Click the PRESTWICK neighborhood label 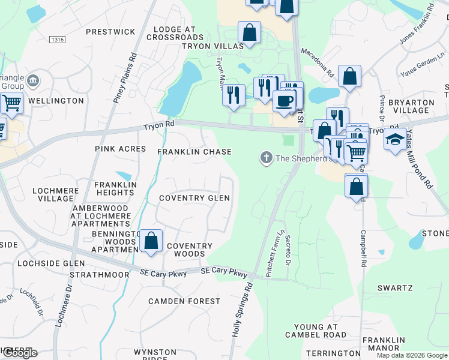[110, 31]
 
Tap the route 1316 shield [58, 40]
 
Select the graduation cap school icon [394, 139]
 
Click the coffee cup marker [285, 100]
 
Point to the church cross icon [266, 158]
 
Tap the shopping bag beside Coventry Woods [151, 241]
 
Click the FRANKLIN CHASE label [194, 152]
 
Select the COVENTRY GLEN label [194, 198]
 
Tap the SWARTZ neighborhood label [395, 288]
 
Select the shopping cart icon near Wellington [11, 103]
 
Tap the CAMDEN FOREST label [184, 301]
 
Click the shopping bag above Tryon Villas [249, 32]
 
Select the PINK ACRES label [120, 149]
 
